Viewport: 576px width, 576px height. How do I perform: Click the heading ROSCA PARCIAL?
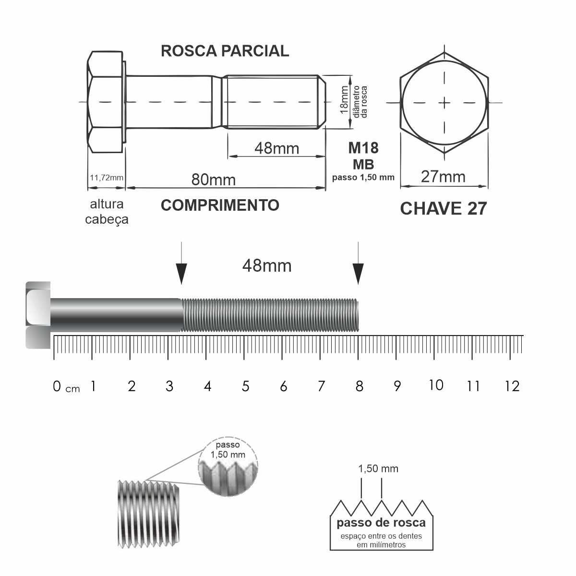(225, 51)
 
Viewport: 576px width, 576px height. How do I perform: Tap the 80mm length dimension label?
(214, 180)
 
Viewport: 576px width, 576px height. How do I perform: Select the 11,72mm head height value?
(107, 178)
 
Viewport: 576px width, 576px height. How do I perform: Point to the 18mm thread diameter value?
(344, 99)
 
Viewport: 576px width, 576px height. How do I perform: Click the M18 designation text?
(363, 148)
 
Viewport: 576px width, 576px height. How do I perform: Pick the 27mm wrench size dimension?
(443, 177)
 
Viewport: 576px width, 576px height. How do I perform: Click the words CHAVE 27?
(444, 208)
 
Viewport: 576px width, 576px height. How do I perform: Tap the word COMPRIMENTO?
(220, 205)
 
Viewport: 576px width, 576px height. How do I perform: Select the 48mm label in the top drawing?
(277, 148)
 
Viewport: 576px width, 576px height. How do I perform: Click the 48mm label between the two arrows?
(266, 266)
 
